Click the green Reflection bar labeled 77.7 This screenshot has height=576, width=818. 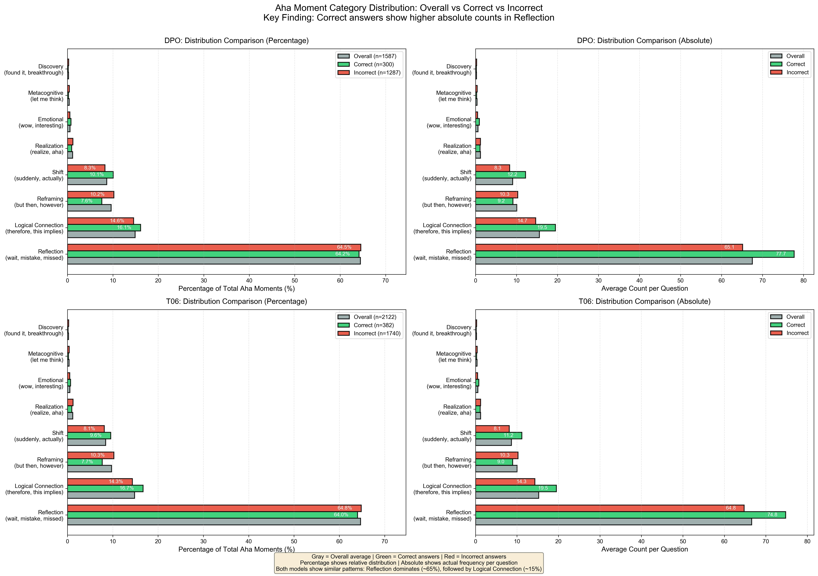point(634,254)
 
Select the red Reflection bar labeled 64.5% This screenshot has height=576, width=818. point(214,247)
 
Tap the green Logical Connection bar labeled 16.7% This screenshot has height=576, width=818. point(105,488)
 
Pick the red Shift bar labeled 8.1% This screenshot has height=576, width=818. point(86,428)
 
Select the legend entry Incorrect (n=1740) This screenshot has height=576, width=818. point(377,333)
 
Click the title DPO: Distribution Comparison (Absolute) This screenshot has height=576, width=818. point(644,41)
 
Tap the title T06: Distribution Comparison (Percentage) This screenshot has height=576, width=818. point(236,301)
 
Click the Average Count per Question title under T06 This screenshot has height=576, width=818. point(644,549)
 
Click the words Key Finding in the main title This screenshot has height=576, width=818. point(289,18)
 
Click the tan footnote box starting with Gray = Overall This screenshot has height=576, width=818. point(409,563)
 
